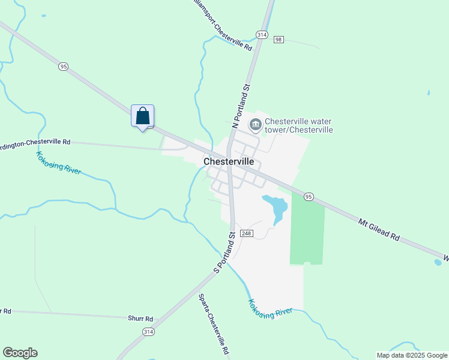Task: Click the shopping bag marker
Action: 142,116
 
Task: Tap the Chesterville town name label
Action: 229,162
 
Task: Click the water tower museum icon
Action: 255,125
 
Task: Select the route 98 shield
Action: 278,40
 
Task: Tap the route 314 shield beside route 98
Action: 261,35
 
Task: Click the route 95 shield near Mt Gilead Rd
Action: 309,196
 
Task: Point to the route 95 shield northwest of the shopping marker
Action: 63,67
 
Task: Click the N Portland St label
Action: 241,106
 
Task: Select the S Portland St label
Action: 225,253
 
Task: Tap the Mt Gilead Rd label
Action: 379,230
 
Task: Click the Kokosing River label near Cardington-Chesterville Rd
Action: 58,163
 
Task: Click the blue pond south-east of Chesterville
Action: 277,206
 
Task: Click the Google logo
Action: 20,353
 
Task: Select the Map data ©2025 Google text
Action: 412,355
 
